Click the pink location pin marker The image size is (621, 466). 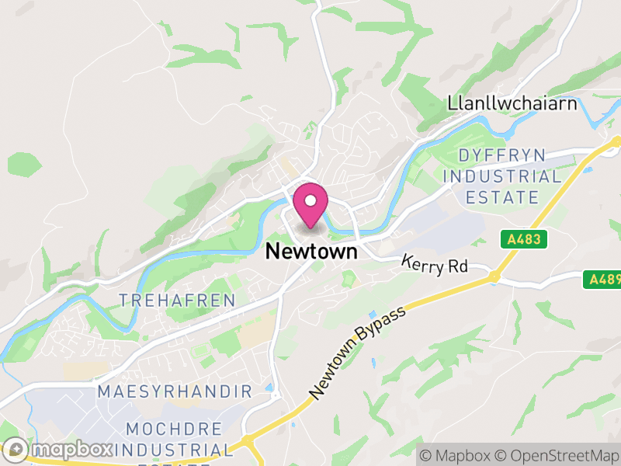tap(310, 206)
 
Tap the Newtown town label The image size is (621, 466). tap(311, 252)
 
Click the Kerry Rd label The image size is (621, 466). tap(435, 265)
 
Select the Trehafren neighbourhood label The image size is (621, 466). tap(165, 300)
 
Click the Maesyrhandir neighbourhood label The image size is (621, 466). tap(175, 391)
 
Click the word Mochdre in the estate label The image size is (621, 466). tap(174, 429)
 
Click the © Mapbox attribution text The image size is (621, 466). tap(457, 454)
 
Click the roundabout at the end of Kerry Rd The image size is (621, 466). tap(494, 276)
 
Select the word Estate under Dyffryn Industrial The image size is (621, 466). tap(502, 197)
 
